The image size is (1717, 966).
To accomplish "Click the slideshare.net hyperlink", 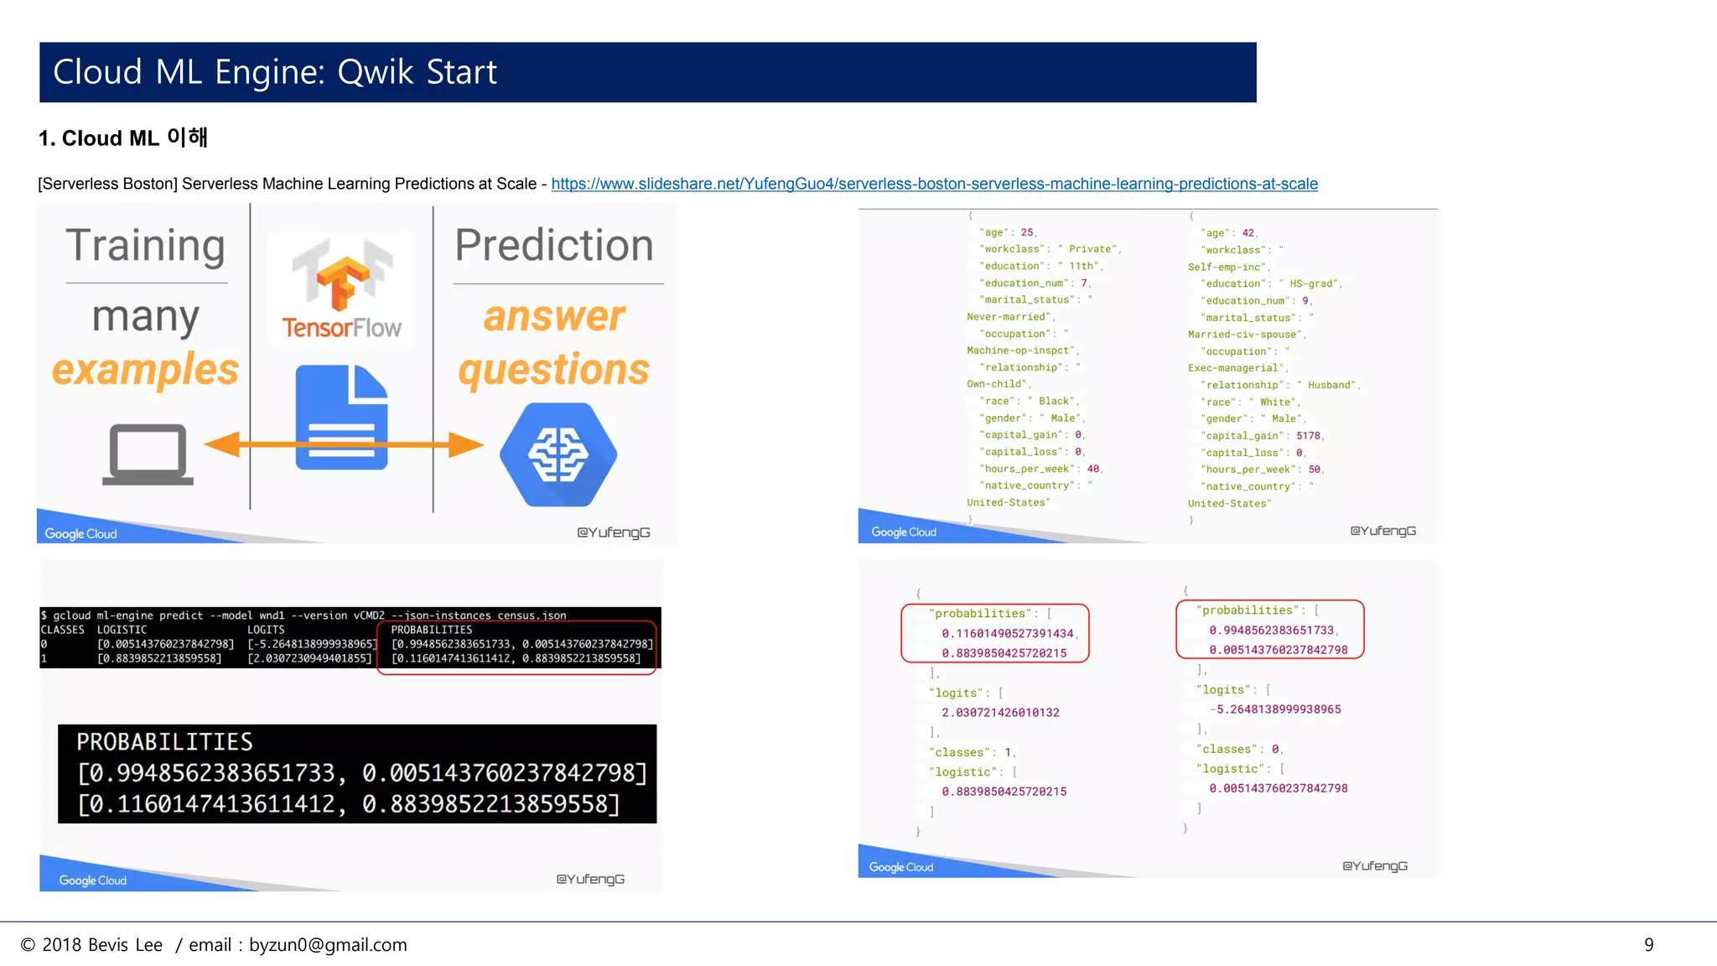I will [934, 184].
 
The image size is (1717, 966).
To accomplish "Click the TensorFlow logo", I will [341, 289].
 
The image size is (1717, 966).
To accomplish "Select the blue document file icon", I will [341, 418].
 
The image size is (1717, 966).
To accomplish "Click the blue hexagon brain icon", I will [558, 454].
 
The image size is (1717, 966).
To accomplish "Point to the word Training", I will [146, 246].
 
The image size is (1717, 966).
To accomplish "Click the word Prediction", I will [554, 246].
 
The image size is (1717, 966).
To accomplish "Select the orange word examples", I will [145, 370].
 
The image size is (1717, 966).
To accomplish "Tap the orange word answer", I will [554, 317].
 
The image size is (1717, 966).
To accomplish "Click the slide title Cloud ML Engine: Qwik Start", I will [275, 72].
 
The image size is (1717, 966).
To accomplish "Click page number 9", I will [1648, 945].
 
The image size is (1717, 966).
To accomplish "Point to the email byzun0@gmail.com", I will [328, 945].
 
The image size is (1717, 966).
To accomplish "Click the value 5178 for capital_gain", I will [1308, 436].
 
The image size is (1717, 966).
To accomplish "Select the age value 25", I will [1027, 233].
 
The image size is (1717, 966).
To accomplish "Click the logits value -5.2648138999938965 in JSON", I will [1278, 709].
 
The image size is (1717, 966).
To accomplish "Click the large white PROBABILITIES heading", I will [164, 742].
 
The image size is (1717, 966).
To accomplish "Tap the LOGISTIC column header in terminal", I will [122, 630].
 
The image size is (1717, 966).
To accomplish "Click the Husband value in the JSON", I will [1331, 385].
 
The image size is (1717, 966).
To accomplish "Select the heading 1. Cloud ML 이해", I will [123, 138].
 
